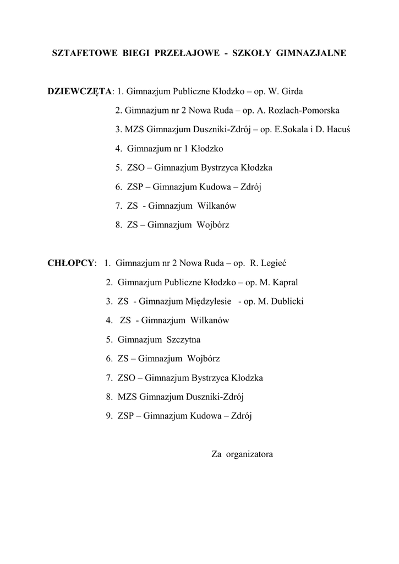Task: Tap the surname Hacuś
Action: point(338,129)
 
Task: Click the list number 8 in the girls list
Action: point(118,225)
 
